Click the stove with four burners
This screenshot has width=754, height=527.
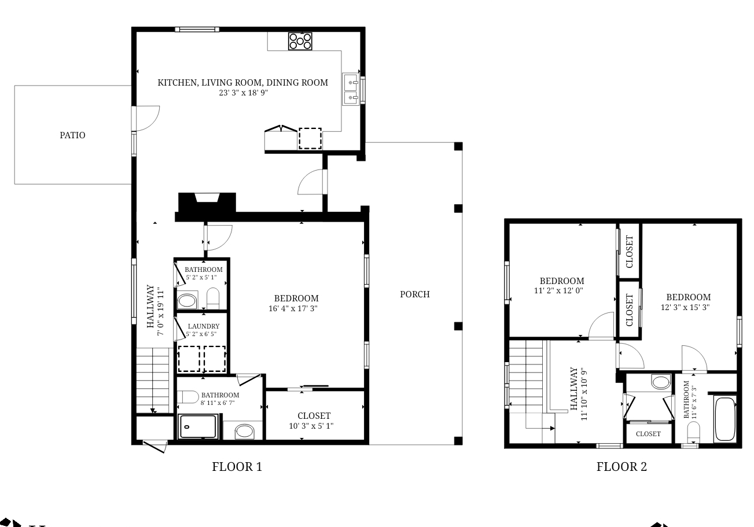[x=300, y=41]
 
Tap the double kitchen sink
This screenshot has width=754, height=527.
[x=350, y=90]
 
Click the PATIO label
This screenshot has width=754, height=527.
[x=73, y=135]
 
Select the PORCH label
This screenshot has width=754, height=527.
[x=415, y=294]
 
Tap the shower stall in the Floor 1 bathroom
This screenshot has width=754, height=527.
[x=198, y=427]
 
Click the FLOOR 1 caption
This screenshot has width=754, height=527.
[x=237, y=467]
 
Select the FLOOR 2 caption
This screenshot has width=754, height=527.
[x=621, y=467]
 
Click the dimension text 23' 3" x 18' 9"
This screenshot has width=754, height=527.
[x=243, y=92]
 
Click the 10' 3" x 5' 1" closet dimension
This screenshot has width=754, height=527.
[x=314, y=426]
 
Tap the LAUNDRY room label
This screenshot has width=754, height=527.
[x=203, y=326]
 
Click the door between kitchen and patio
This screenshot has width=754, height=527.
[x=145, y=118]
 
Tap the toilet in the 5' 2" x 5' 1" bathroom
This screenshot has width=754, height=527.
[x=213, y=298]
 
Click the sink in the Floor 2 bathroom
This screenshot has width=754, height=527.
[x=660, y=382]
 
